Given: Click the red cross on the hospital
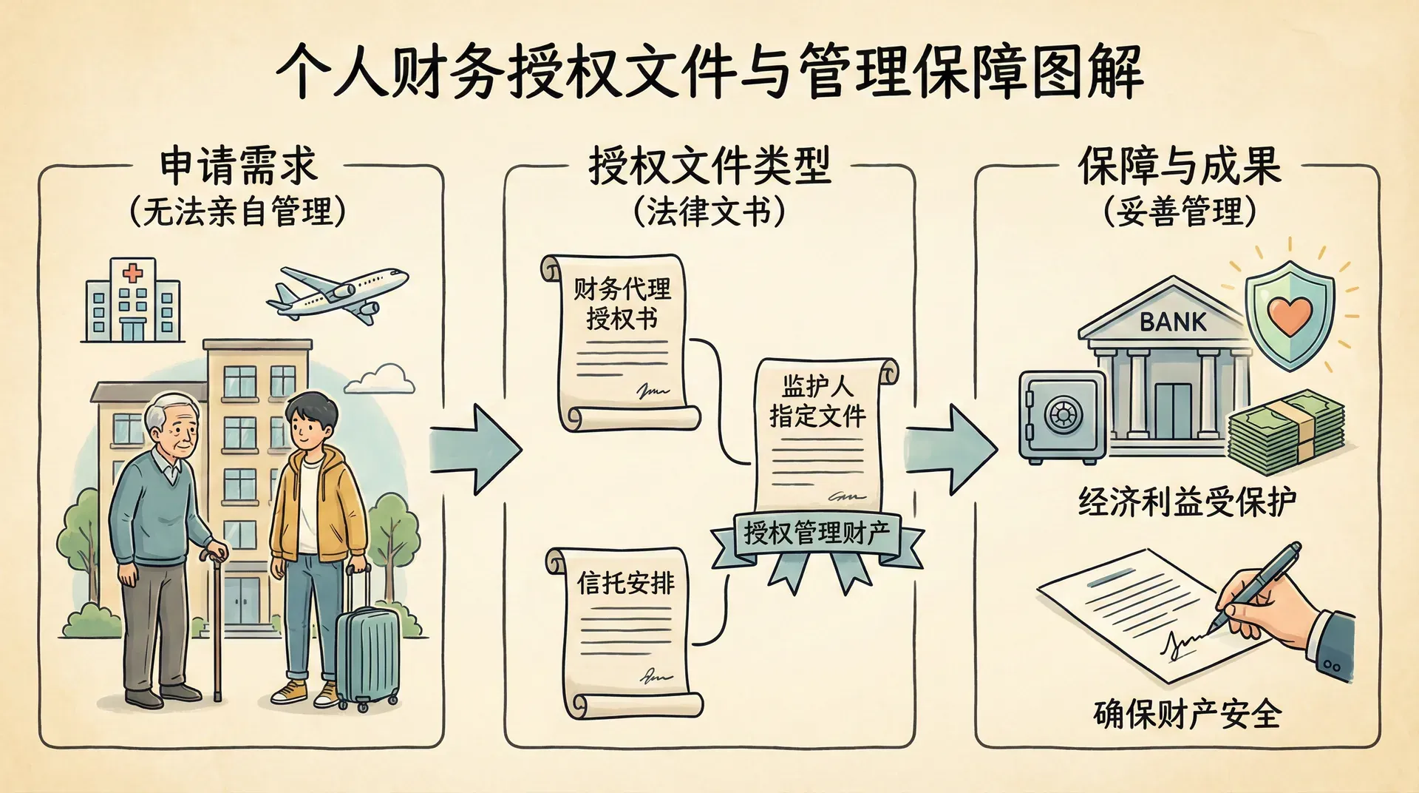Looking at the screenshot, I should coord(132,273).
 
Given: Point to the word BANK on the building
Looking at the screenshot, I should coord(1173,322).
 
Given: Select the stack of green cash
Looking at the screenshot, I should coord(1286,433).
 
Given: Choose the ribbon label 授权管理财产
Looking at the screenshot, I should coord(817,533).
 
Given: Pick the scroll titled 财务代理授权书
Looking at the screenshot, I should coord(623,340).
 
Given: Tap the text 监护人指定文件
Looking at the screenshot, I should coord(817,402).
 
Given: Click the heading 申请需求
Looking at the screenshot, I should coord(238,166).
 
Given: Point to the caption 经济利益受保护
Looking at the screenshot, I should coord(1187,502).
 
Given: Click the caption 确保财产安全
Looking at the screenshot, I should coord(1187,714).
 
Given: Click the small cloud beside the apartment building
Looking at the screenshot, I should coord(381,378).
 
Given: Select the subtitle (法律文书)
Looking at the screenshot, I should coord(709,212).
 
